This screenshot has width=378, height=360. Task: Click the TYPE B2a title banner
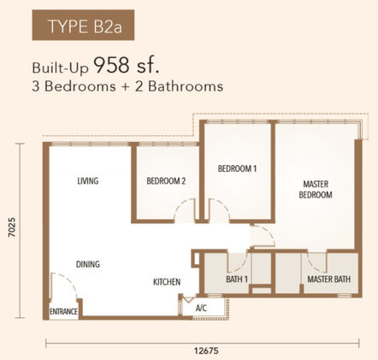(83, 25)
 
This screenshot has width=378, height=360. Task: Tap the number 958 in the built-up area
(111, 65)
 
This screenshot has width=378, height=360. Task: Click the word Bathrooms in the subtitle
(186, 86)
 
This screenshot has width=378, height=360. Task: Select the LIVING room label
(88, 181)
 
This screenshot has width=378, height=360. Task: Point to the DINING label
(88, 264)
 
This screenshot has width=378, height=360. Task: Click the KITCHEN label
(167, 282)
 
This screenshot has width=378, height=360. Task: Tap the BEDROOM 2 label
(166, 181)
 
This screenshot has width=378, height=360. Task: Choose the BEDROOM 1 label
(237, 168)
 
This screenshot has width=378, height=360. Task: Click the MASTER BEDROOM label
(316, 190)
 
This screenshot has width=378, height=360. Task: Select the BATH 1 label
(237, 280)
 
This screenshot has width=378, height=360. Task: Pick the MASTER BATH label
(329, 280)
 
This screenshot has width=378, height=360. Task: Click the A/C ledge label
(201, 308)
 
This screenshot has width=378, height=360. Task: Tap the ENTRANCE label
(63, 312)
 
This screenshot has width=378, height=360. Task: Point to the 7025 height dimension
(12, 227)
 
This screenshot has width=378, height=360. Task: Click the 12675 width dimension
(206, 351)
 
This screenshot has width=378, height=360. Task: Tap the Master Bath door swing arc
(313, 263)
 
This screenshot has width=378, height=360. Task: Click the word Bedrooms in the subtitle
(80, 86)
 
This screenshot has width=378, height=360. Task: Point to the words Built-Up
(61, 68)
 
